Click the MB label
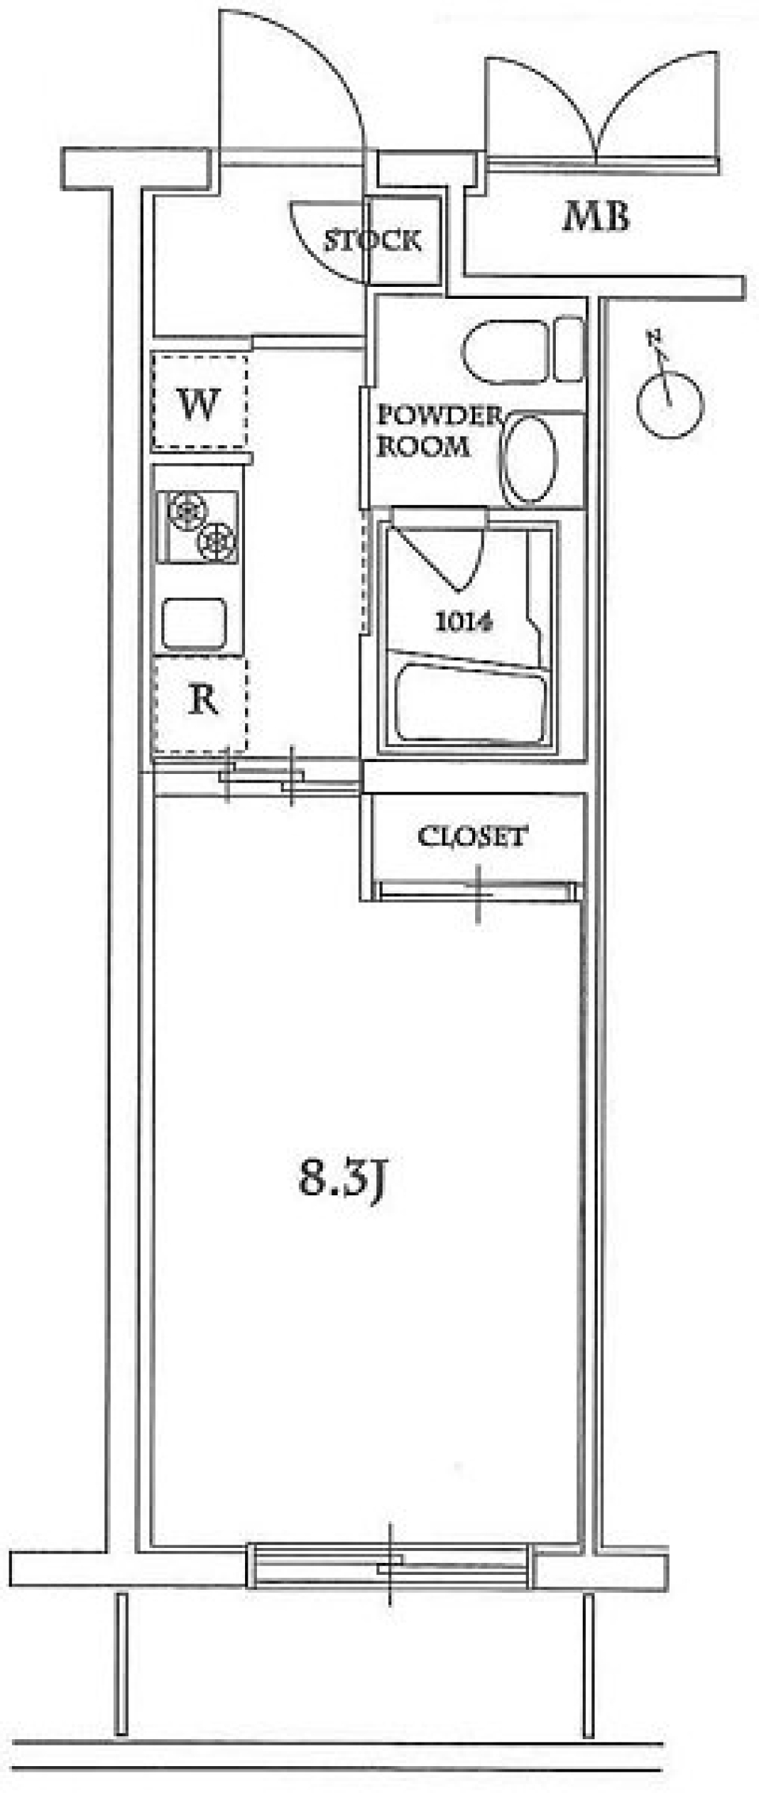[x=596, y=217]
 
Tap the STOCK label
[x=372, y=240]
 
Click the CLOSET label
[x=472, y=836]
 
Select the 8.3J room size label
[x=342, y=1181]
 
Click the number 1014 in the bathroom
[x=464, y=622]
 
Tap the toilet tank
[x=568, y=349]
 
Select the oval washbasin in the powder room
[x=529, y=461]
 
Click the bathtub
[x=470, y=704]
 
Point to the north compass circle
[x=670, y=406]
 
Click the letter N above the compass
[x=655, y=339]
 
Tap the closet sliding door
[x=478, y=891]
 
